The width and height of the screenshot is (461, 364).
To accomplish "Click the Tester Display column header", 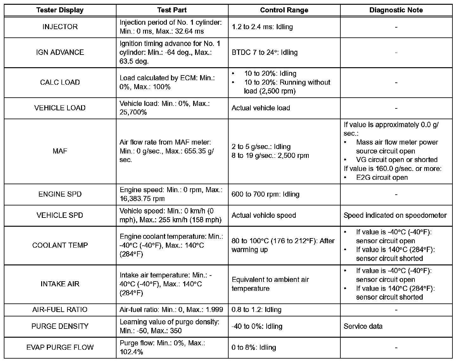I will coord(60,10).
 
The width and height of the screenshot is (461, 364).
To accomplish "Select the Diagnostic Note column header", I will coord(396,10).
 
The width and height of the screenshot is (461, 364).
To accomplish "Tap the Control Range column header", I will coord(284,10).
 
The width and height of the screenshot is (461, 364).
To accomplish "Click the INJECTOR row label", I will coord(60,27).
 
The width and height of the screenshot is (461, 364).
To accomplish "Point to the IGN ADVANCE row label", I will coord(60,52).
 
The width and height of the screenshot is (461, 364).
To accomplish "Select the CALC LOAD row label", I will coord(60,82).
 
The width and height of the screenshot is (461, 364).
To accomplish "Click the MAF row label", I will coord(60,151).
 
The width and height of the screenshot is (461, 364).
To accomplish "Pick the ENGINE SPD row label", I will coord(60,194).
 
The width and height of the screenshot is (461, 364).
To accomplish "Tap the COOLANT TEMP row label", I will coord(60,245).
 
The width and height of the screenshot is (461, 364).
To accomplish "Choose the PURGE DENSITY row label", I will coord(60,326).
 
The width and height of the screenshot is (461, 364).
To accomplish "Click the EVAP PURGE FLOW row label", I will coord(60,347).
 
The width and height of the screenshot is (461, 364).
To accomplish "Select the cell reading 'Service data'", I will coord(363,326).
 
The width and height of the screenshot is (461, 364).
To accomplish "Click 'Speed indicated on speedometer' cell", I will coord(395,215).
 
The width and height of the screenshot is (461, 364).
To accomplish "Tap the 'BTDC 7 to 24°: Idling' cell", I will coord(265,52).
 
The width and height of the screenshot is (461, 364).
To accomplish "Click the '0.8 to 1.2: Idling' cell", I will coord(256,309).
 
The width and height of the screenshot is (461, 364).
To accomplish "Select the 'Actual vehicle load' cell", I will coord(261,108).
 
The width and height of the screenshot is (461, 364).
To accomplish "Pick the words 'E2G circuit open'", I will coord(382,178).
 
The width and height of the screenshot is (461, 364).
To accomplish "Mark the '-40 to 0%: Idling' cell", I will coord(257,326).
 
